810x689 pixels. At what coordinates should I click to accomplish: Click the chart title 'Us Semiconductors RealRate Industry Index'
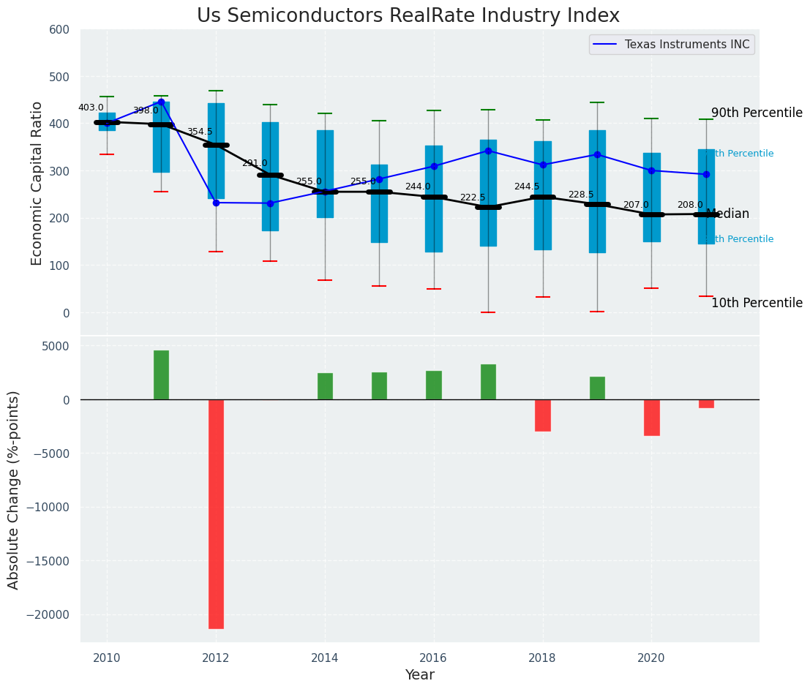click(x=408, y=16)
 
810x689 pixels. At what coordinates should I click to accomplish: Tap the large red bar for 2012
click(x=216, y=513)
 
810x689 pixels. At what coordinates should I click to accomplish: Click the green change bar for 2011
click(x=161, y=374)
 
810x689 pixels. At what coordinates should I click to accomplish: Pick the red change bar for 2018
click(x=542, y=415)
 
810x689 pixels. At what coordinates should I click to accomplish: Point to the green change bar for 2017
click(x=488, y=382)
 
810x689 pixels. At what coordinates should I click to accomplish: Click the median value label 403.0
click(x=91, y=108)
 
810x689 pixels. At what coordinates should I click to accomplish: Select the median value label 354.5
click(x=200, y=132)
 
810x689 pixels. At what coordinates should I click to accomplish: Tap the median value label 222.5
click(x=473, y=198)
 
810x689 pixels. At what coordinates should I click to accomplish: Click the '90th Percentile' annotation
click(x=757, y=113)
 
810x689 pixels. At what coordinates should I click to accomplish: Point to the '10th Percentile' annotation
click(x=757, y=304)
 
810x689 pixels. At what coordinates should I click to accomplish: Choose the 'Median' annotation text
click(x=727, y=214)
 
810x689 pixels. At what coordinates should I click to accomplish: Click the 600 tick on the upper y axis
click(x=59, y=30)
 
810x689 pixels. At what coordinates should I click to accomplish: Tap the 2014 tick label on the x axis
click(x=325, y=658)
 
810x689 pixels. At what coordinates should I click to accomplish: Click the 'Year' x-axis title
click(x=419, y=675)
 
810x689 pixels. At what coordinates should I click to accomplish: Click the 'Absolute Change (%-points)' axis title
click(x=14, y=489)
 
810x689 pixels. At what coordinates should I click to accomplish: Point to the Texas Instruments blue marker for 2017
click(x=488, y=151)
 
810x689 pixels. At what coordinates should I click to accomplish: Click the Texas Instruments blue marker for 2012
click(x=216, y=203)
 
